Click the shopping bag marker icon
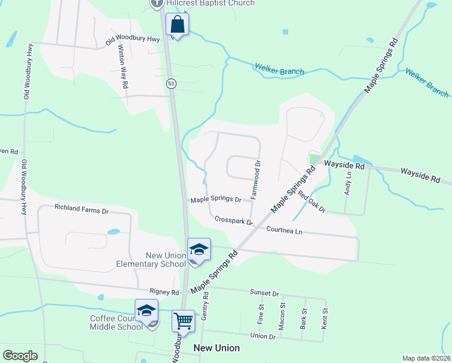point(178,25)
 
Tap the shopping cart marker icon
point(183,320)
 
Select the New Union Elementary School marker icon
point(199,249)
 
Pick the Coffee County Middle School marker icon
point(146,310)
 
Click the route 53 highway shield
point(172,84)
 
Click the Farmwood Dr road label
point(256,180)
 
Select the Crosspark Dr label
point(233,221)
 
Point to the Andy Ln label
point(347,183)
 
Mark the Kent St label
point(325,319)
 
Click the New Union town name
point(216,348)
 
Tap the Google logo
point(20,356)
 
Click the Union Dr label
point(263,335)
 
